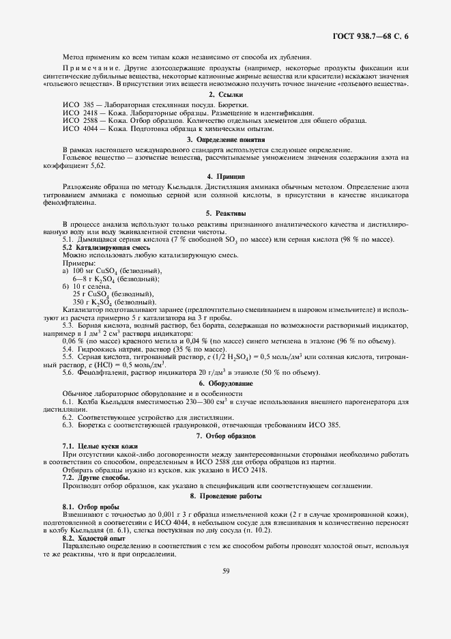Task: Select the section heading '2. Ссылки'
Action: pos(225,94)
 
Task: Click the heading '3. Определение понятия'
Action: pos(225,139)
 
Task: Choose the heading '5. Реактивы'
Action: pos(225,213)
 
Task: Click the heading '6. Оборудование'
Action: pos(225,384)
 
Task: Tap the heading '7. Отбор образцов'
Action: pos(225,435)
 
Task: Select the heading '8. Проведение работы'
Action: pos(225,495)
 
